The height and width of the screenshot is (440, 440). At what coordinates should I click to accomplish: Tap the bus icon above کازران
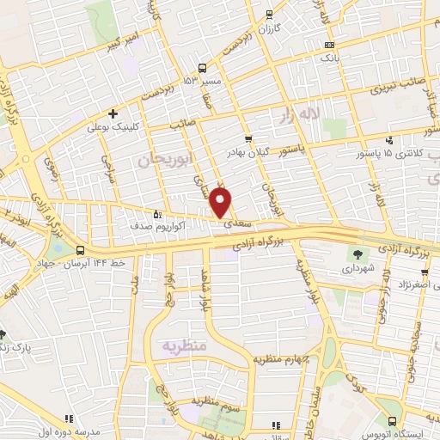pyautogui.click(x=270, y=14)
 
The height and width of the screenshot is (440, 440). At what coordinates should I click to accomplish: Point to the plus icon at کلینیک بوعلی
pyautogui.click(x=112, y=113)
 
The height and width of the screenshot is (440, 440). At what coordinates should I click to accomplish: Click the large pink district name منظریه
pyautogui.click(x=182, y=345)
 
